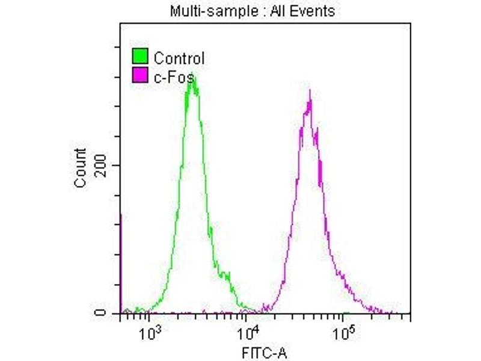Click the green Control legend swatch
tap(140, 58)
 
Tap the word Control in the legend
tap(179, 58)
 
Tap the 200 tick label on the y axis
tap(102, 165)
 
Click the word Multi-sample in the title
tap(201, 11)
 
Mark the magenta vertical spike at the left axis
tap(121, 265)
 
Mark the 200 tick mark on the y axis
tap(118, 165)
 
